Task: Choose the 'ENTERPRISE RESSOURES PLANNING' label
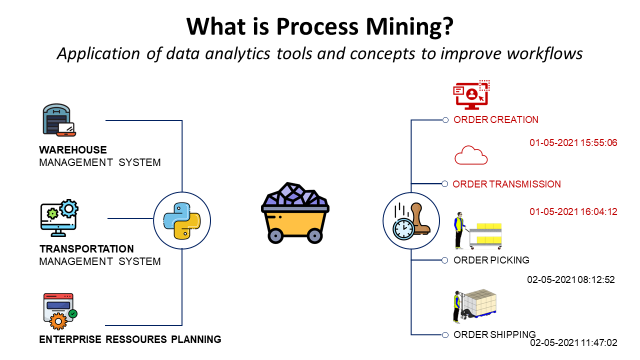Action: coord(130,340)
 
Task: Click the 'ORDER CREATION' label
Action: coord(497,120)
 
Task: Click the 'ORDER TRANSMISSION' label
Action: coord(506,184)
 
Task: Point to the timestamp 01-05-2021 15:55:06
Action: coord(572,143)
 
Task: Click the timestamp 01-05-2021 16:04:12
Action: coord(572,212)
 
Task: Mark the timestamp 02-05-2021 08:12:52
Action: coord(571,280)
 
